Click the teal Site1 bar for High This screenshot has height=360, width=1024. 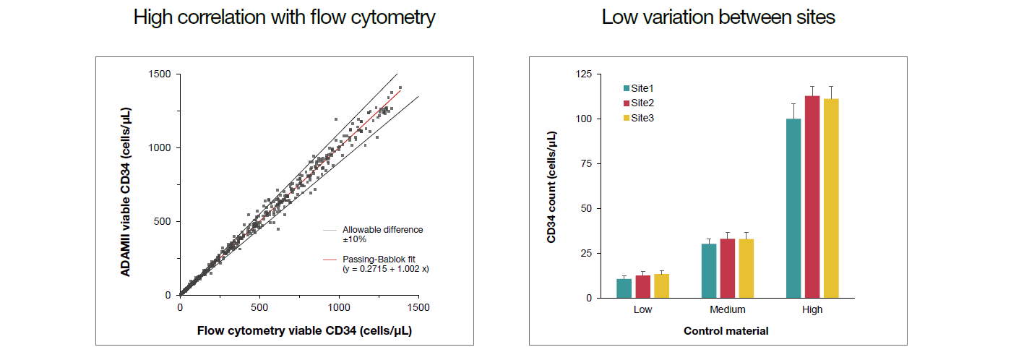coord(793,208)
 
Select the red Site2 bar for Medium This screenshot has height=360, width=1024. coord(728,268)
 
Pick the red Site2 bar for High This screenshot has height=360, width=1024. coord(812,197)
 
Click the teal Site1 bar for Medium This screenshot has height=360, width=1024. coord(709,270)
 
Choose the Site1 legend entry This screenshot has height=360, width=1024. coord(640,88)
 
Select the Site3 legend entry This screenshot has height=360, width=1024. coord(640,118)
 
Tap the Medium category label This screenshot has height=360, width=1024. coord(728,309)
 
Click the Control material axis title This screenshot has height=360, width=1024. coord(726,331)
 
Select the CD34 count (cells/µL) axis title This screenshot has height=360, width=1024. coord(552,187)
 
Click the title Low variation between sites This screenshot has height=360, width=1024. coord(718,17)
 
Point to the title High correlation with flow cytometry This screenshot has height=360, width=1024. coord(284,17)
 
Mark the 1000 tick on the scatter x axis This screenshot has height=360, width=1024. coord(339,307)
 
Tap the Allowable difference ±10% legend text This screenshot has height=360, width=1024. coord(382,234)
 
